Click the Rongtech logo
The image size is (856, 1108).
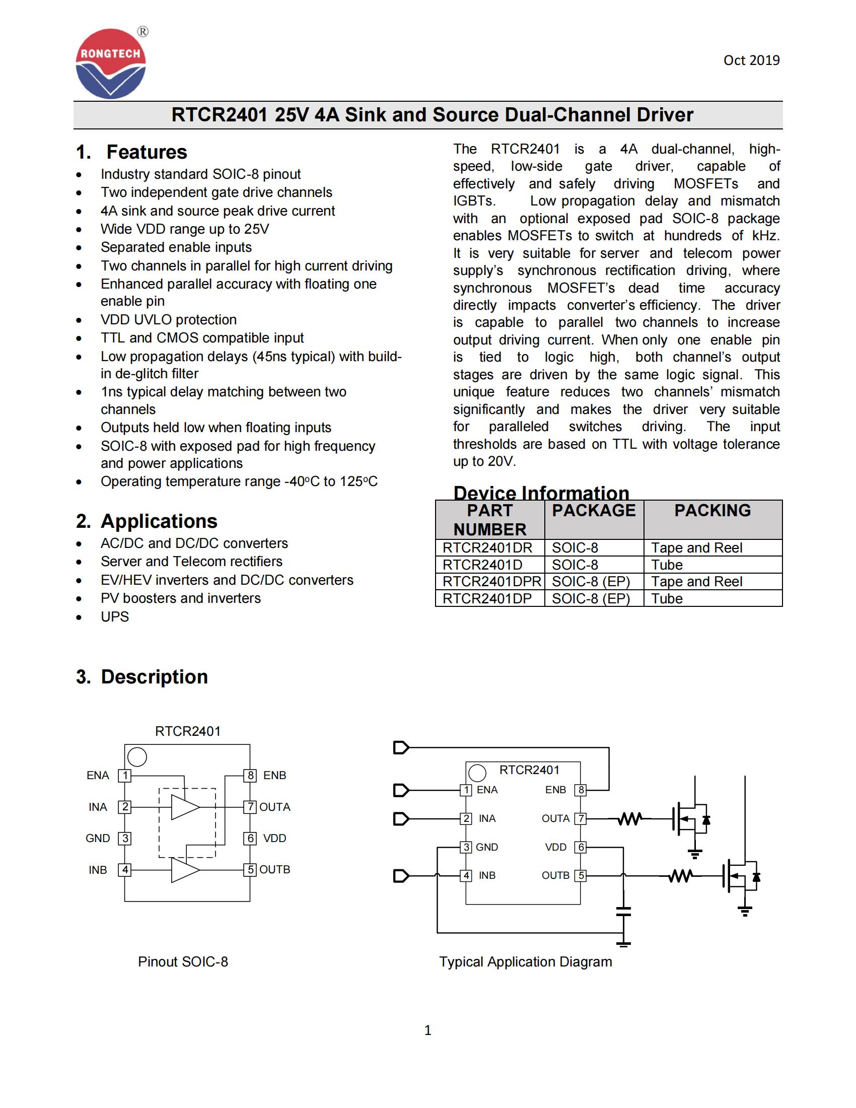111,63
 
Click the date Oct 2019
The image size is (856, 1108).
751,60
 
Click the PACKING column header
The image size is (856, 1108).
712,510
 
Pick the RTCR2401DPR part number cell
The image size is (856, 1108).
491,581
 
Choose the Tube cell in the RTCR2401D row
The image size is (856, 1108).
667,565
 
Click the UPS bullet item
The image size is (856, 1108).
115,616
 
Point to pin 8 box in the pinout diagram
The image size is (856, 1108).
250,775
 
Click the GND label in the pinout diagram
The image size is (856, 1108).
98,838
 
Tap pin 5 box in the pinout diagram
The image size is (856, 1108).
250,870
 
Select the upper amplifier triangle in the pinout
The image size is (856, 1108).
185,807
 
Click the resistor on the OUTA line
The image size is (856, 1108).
629,819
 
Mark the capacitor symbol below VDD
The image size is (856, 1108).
623,912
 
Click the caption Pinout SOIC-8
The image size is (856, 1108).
183,961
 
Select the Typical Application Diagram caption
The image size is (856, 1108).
525,961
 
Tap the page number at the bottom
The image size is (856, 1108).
427,1030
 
